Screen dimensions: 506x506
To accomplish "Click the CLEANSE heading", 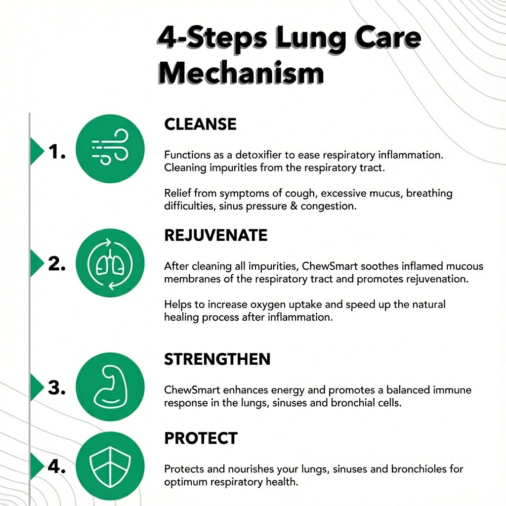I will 200,124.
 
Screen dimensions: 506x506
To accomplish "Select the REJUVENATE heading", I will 215,235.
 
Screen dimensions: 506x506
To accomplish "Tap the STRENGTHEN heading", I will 217,359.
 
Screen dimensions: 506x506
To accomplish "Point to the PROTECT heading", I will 201,438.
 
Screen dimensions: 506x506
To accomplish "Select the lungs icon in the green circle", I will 110,263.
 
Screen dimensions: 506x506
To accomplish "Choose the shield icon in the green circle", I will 110,465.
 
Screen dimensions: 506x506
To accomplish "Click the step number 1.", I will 57,153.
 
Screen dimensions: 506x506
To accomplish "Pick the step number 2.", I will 57,264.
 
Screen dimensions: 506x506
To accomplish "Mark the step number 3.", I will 57,388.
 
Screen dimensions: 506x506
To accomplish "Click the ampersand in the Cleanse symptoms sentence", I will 295,206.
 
